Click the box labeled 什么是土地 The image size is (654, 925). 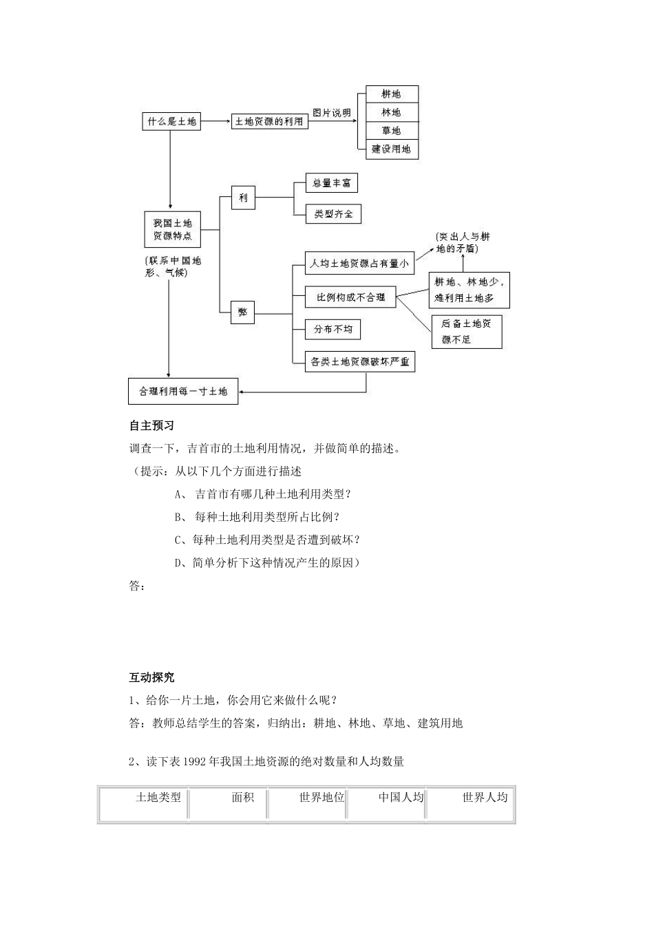[x=171, y=122]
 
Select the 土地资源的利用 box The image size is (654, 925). [x=269, y=121]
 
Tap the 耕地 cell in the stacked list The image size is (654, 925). [x=391, y=94]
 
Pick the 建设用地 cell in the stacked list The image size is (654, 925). [x=391, y=149]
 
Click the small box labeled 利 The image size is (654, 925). [x=243, y=198]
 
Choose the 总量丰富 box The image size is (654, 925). [x=332, y=183]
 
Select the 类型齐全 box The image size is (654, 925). [x=333, y=214]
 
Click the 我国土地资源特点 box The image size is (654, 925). [x=172, y=229]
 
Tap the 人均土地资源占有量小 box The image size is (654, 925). [x=359, y=263]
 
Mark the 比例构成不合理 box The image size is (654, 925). [x=350, y=297]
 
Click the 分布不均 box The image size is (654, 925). [x=333, y=329]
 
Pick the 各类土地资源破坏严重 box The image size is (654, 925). [x=359, y=361]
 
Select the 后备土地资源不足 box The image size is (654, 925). [x=466, y=331]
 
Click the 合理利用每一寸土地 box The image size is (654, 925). [x=183, y=391]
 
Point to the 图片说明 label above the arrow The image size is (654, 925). [x=332, y=113]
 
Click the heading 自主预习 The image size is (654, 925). [x=151, y=426]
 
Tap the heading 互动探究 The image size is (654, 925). [x=151, y=677]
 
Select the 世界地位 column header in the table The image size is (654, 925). [x=321, y=797]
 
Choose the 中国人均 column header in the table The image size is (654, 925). [x=401, y=797]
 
